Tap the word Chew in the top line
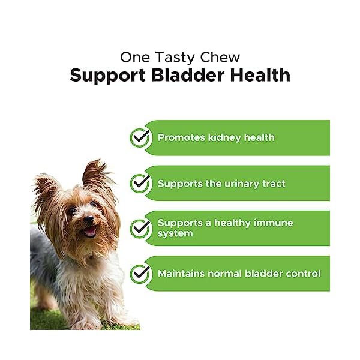pos(220,58)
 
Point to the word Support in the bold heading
pos(104,76)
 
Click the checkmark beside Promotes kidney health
pos(140,137)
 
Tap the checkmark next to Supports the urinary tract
pos(140,183)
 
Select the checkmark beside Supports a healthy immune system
pos(140,228)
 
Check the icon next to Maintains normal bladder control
pos(140,274)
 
